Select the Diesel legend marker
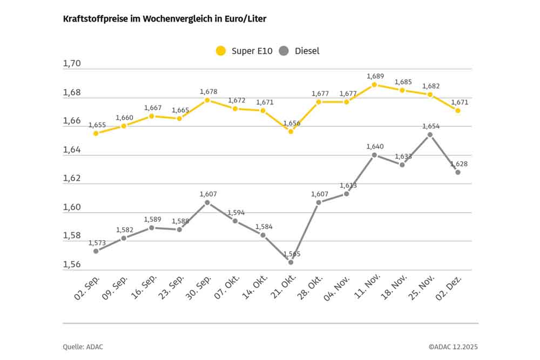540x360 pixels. click(284, 51)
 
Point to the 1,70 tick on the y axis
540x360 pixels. click(72, 64)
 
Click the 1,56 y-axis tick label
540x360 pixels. click(72, 264)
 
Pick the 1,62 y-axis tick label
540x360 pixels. click(72, 179)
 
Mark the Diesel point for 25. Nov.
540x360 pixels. click(430, 134)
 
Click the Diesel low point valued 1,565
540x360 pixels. click(291, 262)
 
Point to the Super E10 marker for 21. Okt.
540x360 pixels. click(291, 131)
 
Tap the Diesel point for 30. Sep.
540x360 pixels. click(207, 202)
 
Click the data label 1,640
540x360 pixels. click(375, 146)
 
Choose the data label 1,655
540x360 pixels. click(97, 125)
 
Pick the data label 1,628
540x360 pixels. click(458, 164)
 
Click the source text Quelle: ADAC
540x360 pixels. click(83, 347)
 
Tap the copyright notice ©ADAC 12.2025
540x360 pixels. click(453, 347)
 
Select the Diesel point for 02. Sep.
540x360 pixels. click(96, 251)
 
